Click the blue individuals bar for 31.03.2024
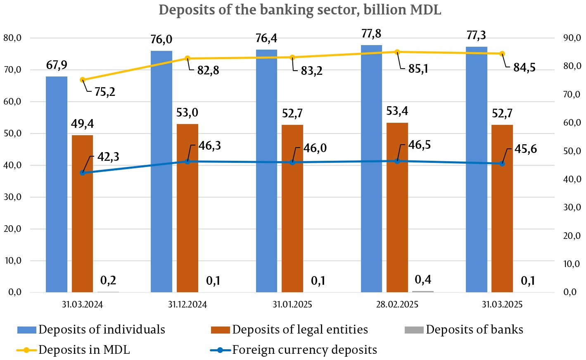point(57,184)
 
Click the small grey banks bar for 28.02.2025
point(423,291)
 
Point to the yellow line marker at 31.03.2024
point(83,80)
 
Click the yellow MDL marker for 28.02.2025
point(397,52)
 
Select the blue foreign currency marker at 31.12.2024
point(187,162)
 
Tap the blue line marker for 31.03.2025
point(502,164)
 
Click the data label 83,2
point(311,71)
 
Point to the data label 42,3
point(108,157)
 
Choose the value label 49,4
point(82,124)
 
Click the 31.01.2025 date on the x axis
point(292,305)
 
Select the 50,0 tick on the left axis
point(12,134)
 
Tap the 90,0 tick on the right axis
point(572,38)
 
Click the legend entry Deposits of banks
point(474,330)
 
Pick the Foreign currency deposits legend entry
point(304,350)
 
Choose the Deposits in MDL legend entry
point(84,350)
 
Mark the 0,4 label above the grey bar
point(423,280)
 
